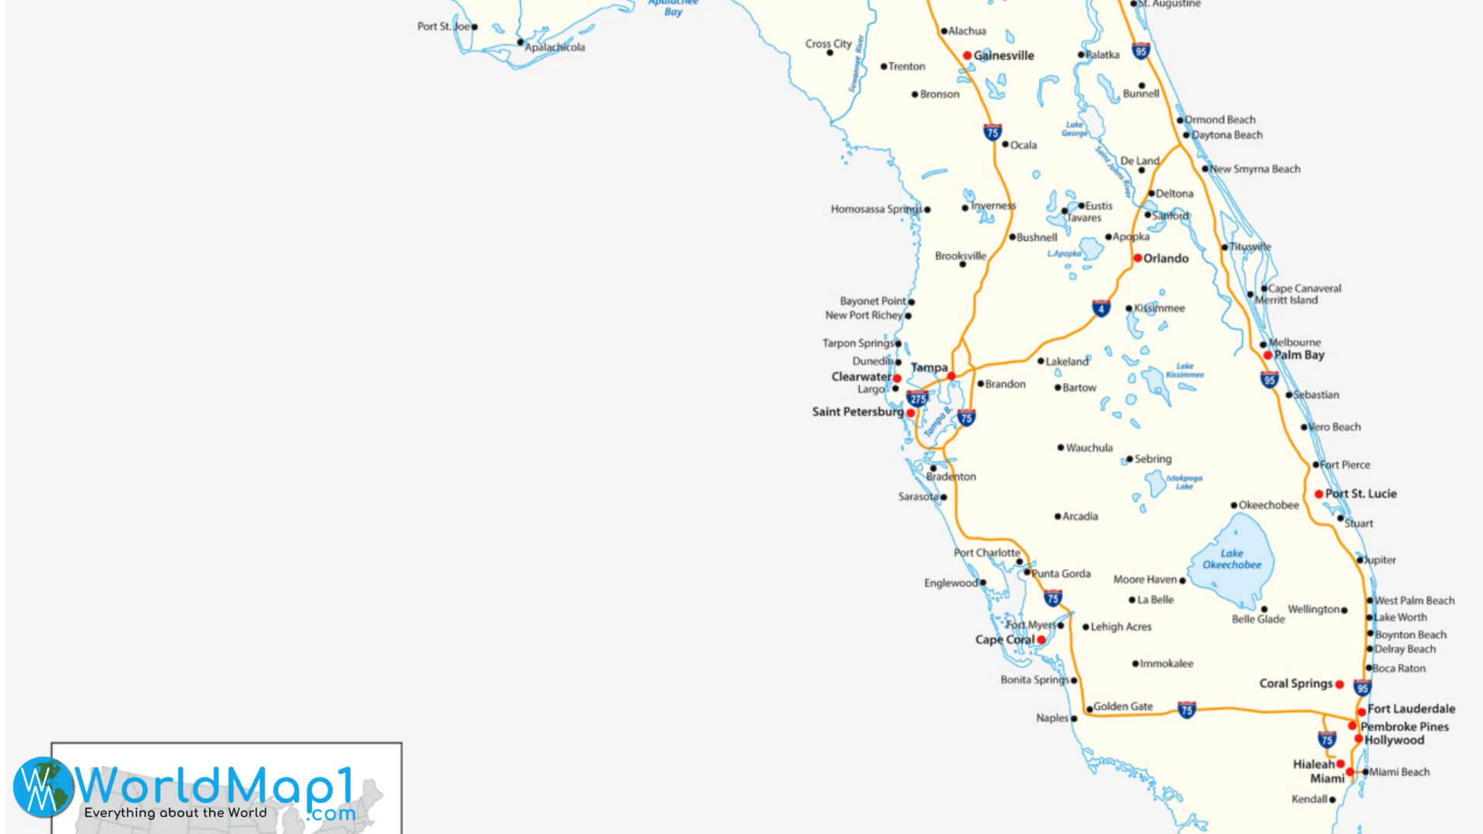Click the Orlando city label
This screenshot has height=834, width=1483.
pos(1166,259)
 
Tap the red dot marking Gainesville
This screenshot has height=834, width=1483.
pos(967,56)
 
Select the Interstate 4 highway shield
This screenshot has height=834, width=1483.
pos(1101,308)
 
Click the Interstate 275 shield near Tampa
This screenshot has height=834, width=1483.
pos(918,398)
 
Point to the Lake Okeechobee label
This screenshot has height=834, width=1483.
pos(1232,559)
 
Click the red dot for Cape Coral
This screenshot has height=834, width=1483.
pos(1041,640)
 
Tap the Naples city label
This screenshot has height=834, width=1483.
pos(1052,718)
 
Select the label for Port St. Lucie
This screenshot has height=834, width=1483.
pos(1361,494)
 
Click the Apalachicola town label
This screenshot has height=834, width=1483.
pos(555,48)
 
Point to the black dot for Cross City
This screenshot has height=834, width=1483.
pos(830,53)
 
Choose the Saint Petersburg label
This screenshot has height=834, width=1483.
pos(857,412)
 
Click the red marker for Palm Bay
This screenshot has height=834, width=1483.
pos(1268,355)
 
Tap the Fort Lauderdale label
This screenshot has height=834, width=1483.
pos(1411,709)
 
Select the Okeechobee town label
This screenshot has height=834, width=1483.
pos(1269,506)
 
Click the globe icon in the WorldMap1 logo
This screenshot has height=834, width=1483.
pos(43,787)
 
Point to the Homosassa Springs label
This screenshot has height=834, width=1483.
pos(876,209)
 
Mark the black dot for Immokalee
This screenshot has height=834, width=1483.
pos(1135,663)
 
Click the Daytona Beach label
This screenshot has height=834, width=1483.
pos(1227,135)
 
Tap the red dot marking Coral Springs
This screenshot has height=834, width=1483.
pos(1339,684)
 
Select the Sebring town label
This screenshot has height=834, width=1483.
pos(1152,459)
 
